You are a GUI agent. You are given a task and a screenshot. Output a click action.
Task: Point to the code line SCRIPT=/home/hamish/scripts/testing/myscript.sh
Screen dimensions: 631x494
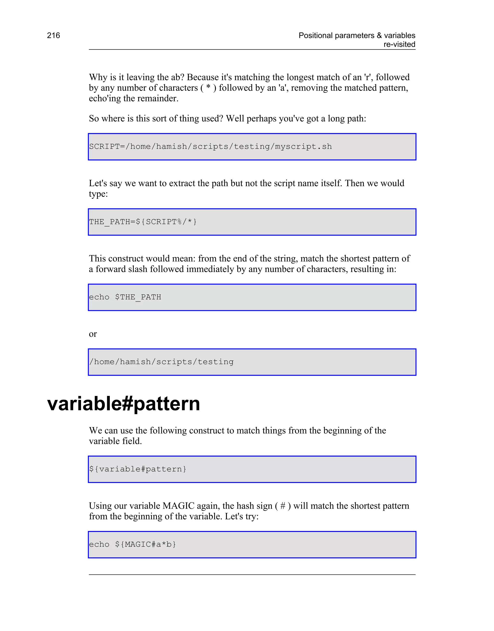[x=210, y=147]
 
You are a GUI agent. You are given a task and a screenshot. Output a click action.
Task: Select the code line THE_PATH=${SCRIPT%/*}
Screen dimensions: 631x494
[x=143, y=222]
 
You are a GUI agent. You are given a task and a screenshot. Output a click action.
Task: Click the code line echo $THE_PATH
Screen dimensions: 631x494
[x=125, y=297]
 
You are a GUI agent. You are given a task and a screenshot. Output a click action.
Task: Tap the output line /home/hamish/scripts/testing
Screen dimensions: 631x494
[x=161, y=362]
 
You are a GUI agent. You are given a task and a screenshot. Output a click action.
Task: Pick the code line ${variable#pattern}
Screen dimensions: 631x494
[x=138, y=469]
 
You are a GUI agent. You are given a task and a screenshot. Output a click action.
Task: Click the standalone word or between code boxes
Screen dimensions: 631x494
[x=93, y=334]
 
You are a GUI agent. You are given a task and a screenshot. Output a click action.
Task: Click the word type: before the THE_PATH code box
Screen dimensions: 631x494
[x=98, y=194]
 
